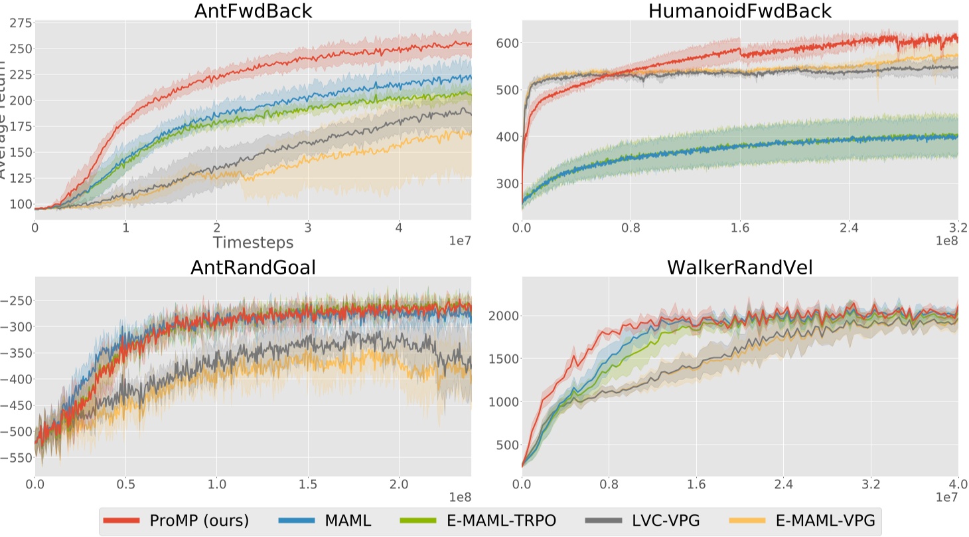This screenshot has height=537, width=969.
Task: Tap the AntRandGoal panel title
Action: point(253,267)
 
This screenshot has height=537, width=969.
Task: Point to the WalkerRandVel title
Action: point(740,267)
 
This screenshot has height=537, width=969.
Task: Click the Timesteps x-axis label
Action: point(253,243)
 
